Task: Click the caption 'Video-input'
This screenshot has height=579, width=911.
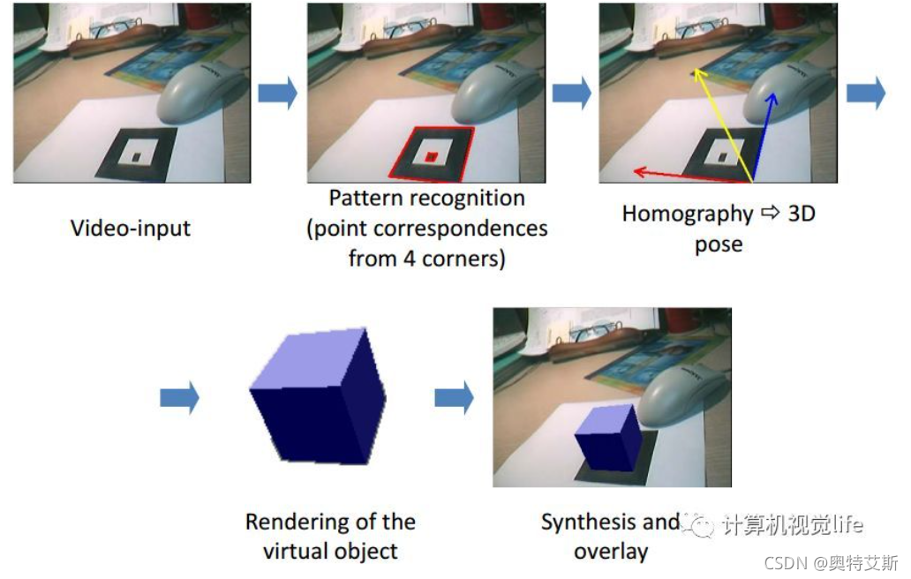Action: click(130, 228)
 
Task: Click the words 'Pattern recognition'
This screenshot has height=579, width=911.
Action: click(426, 197)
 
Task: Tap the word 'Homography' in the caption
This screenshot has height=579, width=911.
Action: click(688, 214)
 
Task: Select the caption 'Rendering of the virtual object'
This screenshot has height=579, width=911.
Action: click(330, 536)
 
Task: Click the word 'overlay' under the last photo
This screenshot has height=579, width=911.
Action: click(611, 552)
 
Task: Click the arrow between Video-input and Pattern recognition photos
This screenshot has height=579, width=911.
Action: click(277, 93)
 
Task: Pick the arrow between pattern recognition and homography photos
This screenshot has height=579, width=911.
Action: click(571, 93)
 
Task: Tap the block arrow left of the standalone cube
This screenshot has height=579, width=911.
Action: click(179, 399)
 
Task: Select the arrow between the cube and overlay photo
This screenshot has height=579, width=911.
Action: click(454, 399)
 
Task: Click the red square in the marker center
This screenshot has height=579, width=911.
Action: click(431, 157)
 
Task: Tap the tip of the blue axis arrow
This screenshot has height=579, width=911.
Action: click(775, 94)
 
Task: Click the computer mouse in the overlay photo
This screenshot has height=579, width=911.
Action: click(681, 397)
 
